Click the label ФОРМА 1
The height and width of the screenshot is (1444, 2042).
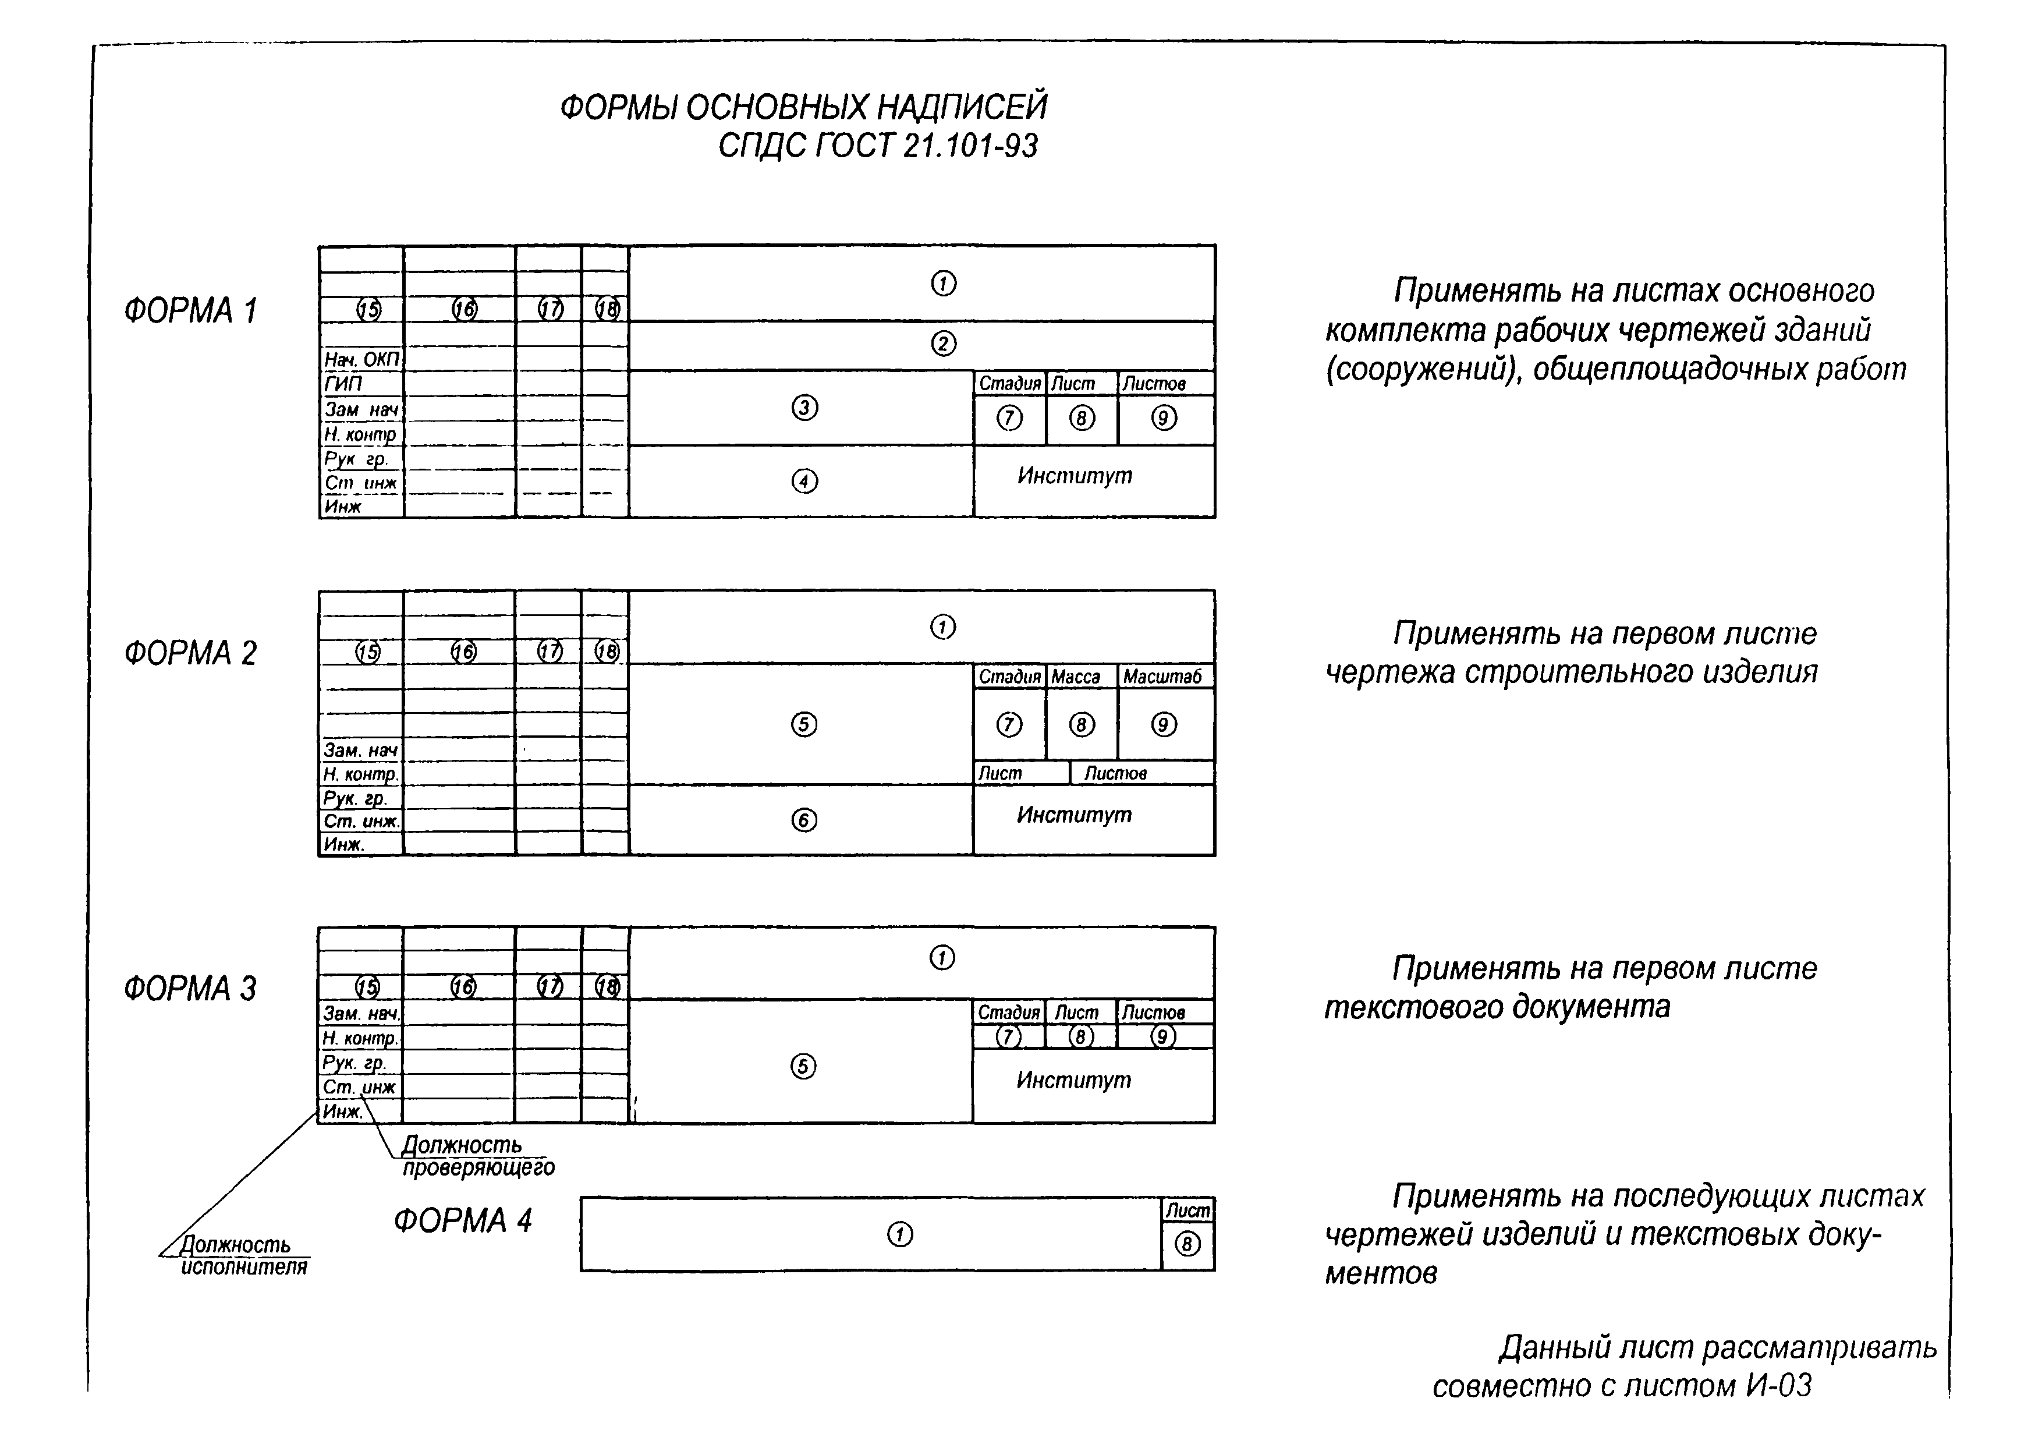click(190, 310)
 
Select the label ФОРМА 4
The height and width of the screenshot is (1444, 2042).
click(462, 1220)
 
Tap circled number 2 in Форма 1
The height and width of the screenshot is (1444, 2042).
click(943, 344)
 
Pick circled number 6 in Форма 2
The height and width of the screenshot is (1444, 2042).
click(803, 819)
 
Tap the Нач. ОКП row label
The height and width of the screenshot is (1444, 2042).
click(361, 359)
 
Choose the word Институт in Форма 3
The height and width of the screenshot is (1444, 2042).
click(1073, 1080)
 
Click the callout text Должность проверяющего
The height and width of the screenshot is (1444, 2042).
click(477, 1156)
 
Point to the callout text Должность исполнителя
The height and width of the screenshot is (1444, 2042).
click(243, 1255)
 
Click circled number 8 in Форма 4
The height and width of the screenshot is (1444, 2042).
click(1187, 1244)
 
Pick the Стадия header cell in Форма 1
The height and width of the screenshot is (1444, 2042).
click(1009, 384)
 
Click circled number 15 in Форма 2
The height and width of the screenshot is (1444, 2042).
click(367, 652)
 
